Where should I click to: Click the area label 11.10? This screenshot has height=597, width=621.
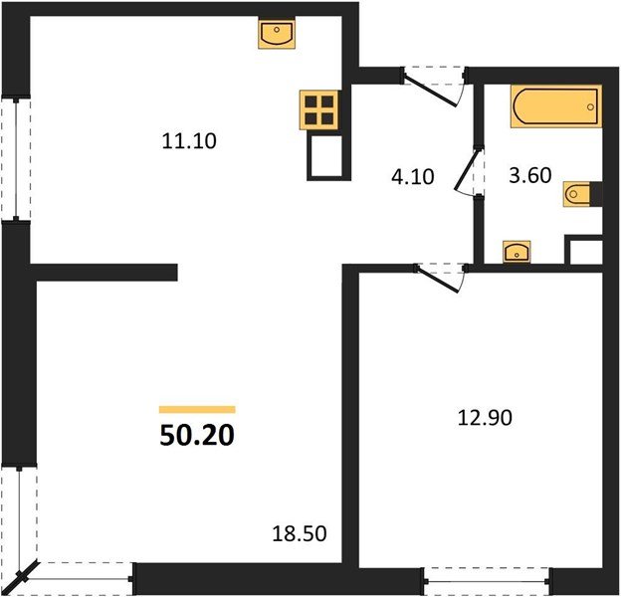[189, 141]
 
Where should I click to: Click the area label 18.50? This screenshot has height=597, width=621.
[302, 535]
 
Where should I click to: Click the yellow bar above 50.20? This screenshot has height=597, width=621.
[197, 409]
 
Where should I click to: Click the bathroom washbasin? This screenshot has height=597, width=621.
[517, 252]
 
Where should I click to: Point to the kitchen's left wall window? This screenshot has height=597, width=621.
[13, 158]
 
